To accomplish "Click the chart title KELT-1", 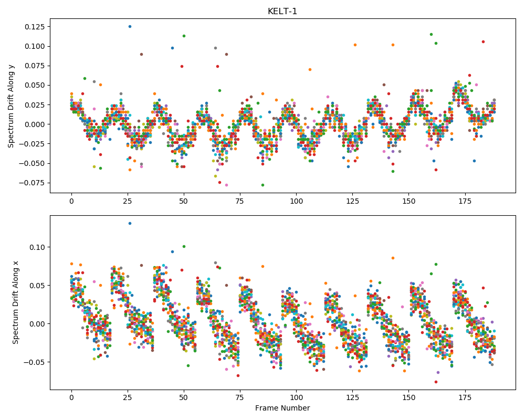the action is click(x=282, y=12).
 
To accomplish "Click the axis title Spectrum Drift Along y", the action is click(x=11, y=106).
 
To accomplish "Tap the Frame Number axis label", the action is click(x=282, y=408).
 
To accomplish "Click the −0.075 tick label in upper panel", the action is click(x=32, y=183).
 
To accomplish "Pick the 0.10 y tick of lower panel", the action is click(x=38, y=247).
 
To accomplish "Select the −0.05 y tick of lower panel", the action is click(x=35, y=362).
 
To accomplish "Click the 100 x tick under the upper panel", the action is click(x=296, y=201).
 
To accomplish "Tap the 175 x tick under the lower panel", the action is click(x=465, y=398).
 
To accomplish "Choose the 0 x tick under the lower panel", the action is click(x=71, y=398).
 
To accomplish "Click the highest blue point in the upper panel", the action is click(x=130, y=26).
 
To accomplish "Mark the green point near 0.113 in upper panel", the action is click(x=184, y=36).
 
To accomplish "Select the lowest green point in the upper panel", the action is click(x=263, y=185).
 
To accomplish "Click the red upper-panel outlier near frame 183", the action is click(x=483, y=42).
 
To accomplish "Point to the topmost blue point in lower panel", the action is click(x=130, y=224).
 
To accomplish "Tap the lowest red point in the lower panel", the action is click(x=436, y=382).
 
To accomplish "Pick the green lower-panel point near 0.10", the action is click(x=184, y=247).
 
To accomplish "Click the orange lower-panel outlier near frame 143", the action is click(x=393, y=258).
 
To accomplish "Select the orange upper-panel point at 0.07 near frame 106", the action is click(x=310, y=70).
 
